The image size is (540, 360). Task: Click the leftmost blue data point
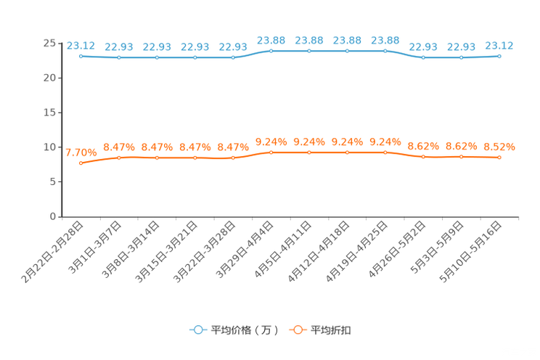81,55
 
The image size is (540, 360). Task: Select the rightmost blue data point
499,55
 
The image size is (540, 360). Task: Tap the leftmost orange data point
81,163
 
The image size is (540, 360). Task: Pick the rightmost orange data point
499,157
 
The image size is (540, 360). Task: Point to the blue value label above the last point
499,45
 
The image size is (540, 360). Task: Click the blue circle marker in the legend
197,330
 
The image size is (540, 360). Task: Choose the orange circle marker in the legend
297,330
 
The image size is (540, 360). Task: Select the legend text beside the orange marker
331,330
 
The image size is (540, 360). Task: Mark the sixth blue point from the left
271,51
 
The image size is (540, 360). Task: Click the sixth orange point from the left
271,152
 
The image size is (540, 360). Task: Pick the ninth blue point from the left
385,51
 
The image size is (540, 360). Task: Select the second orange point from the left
118,157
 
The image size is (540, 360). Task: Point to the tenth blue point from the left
423,57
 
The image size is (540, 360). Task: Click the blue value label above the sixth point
271,40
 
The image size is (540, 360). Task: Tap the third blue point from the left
157,57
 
